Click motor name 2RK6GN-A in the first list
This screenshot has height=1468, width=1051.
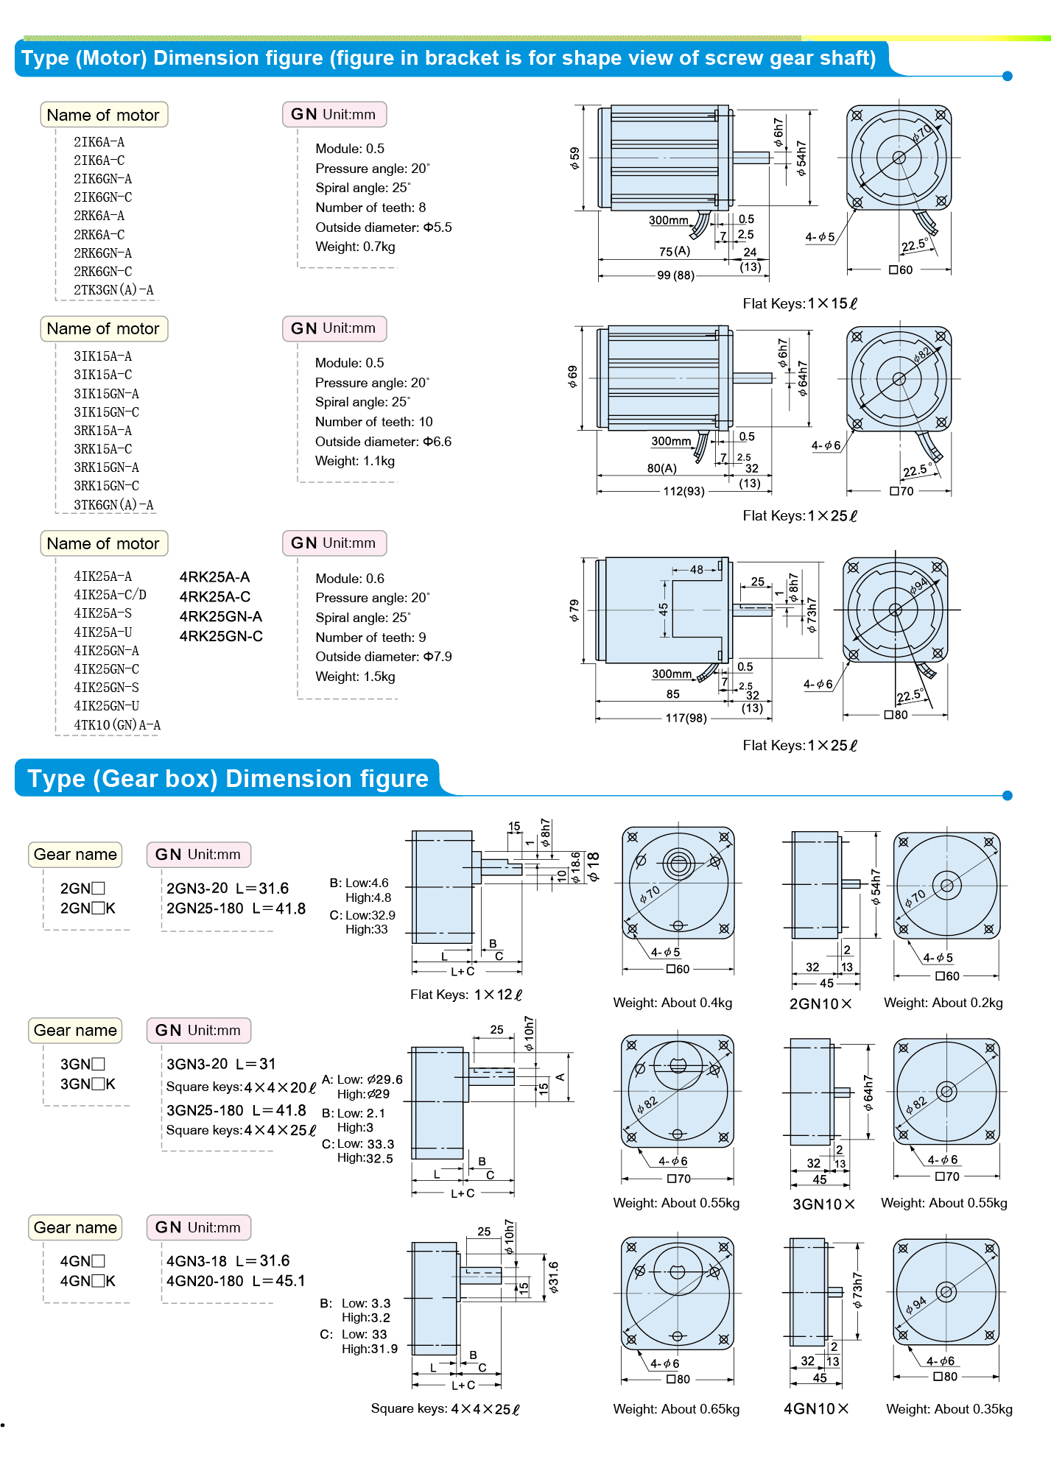[102, 253]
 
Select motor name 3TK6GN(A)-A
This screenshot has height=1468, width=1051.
[113, 505]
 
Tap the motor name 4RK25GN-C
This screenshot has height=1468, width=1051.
[221, 637]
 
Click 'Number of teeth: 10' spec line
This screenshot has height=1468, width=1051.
[373, 422]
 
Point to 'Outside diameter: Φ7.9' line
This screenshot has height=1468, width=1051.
[383, 657]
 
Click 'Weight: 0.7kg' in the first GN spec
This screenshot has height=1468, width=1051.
[355, 247]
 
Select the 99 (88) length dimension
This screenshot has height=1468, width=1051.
[675, 275]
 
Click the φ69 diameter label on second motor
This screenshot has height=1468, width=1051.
[573, 376]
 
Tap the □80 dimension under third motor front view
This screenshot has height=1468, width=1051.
[896, 715]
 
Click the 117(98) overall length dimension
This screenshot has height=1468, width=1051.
[686, 718]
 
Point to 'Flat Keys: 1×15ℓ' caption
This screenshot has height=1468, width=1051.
[800, 304]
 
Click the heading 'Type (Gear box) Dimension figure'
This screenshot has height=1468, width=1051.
[228, 779]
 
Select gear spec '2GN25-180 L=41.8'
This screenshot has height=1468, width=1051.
[236, 908]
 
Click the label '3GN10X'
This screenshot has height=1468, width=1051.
[823, 1204]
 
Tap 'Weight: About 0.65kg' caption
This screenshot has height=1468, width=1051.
[676, 1409]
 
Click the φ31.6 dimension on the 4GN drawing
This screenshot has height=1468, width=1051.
[554, 1277]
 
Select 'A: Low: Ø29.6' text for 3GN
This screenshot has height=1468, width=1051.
[362, 1079]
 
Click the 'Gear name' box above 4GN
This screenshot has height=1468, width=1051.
[75, 1227]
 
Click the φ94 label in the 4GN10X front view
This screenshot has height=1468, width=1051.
[916, 1305]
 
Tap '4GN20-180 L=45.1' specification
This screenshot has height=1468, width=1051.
[236, 1281]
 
